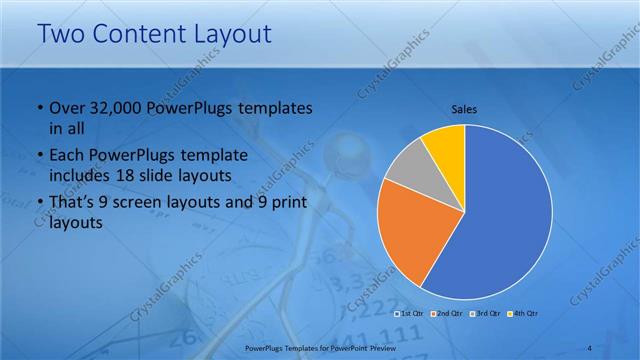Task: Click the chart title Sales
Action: [465, 108]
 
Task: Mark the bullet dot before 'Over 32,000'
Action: [38, 108]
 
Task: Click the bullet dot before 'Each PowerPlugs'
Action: [38, 156]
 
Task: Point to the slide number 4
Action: [590, 346]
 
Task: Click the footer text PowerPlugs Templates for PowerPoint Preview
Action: [320, 346]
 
